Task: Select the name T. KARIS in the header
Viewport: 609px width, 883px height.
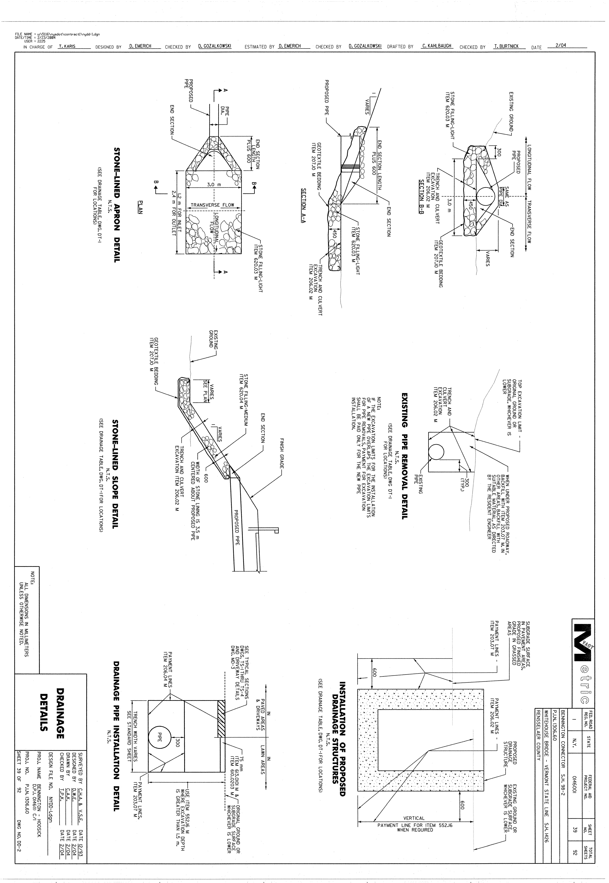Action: [x=67, y=46]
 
